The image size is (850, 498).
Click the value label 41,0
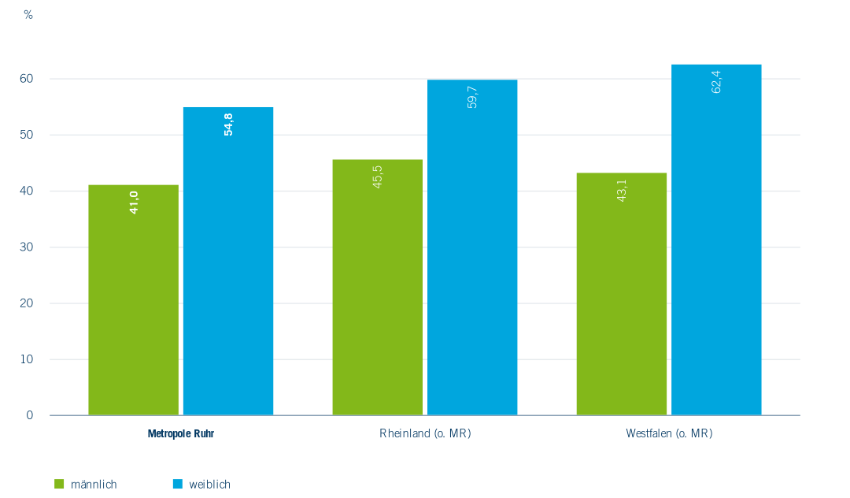coord(134,203)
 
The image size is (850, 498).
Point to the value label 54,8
coord(228,124)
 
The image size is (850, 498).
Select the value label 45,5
coord(378,177)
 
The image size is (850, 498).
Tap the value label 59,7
coord(472,96)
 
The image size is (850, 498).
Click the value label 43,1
coord(622,190)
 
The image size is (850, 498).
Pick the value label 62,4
coord(716,82)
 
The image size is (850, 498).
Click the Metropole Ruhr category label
coord(181,433)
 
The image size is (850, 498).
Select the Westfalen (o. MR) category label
coord(669,433)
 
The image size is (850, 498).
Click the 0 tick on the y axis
coord(30,415)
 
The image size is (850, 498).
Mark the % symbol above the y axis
coord(28,15)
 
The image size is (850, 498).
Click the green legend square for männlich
coord(58,484)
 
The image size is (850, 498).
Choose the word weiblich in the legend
coord(209,484)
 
